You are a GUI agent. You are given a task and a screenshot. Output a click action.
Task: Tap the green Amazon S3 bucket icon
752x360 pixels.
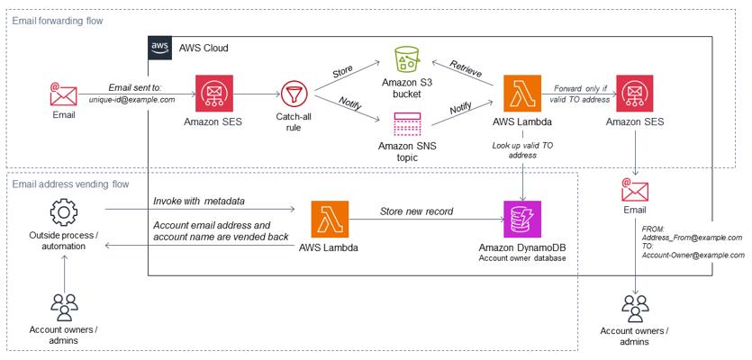point(406,60)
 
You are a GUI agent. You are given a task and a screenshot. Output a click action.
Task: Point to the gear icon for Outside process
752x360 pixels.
point(64,213)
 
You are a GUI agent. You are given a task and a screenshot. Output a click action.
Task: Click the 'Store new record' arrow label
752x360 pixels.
point(415,212)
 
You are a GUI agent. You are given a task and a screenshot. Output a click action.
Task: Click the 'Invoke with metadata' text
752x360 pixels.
point(200,201)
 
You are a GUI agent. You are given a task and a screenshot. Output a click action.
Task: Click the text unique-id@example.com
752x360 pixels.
point(132,99)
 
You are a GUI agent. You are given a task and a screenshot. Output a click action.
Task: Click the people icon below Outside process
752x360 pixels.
point(64,307)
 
